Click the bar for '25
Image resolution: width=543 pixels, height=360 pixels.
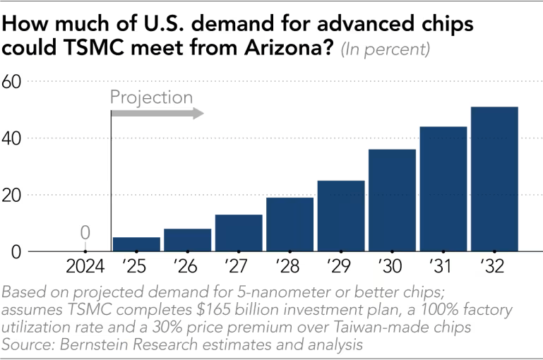pyautogui.click(x=136, y=244)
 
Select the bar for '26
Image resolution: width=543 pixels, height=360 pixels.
pyautogui.click(x=188, y=240)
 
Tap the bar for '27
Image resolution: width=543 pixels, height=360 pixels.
pyautogui.click(x=239, y=233)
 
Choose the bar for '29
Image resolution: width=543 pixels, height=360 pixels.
pyautogui.click(x=341, y=216)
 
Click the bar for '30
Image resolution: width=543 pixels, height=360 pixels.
pyautogui.click(x=392, y=200)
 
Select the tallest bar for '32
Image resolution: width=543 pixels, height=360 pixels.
pyautogui.click(x=494, y=179)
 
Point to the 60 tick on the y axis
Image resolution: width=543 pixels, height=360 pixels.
pyautogui.click(x=15, y=82)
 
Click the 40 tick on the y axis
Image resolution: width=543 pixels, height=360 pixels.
pyautogui.click(x=15, y=138)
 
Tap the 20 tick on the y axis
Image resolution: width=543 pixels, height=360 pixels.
pyautogui.click(x=15, y=195)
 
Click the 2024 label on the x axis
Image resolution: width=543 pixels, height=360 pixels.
pyautogui.click(x=85, y=268)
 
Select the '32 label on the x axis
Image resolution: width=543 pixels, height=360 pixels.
pyautogui.click(x=494, y=268)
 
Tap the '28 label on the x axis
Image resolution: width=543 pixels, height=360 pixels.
pyautogui.click(x=290, y=268)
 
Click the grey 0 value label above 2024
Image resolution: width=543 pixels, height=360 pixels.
pyautogui.click(x=85, y=232)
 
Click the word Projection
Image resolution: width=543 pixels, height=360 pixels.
pyautogui.click(x=151, y=97)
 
